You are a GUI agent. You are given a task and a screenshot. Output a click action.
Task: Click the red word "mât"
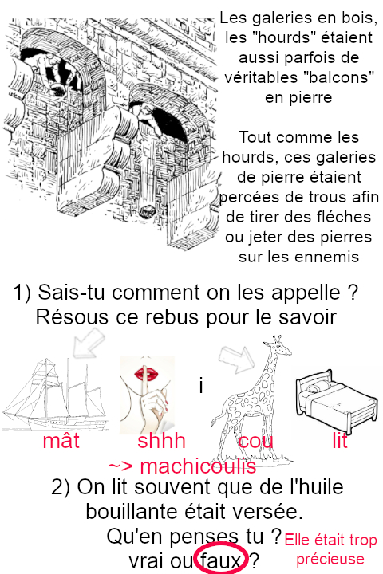pyautogui.click(x=61, y=440)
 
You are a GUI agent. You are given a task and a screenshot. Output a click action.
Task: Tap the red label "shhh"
pyautogui.click(x=161, y=440)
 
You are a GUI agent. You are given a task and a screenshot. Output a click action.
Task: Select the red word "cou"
pyautogui.click(x=255, y=441)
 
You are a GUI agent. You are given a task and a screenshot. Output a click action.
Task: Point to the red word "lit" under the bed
pyautogui.click(x=339, y=440)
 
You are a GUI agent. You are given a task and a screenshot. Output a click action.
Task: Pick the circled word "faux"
pyautogui.click(x=221, y=560)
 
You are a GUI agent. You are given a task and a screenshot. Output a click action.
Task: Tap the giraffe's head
pyautogui.click(x=278, y=345)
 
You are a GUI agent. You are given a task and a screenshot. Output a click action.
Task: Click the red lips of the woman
pyautogui.click(x=146, y=374)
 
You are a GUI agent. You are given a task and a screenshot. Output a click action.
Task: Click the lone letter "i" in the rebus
pyautogui.click(x=201, y=386)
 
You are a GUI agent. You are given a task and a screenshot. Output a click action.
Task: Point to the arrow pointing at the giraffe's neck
pyautogui.click(x=236, y=359)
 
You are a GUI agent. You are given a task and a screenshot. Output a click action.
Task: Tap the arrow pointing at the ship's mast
pyautogui.click(x=89, y=343)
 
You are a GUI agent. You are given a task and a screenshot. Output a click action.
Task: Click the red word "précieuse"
pyautogui.click(x=330, y=560)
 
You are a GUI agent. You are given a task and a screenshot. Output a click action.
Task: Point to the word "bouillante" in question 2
pyautogui.click(x=142, y=511)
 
